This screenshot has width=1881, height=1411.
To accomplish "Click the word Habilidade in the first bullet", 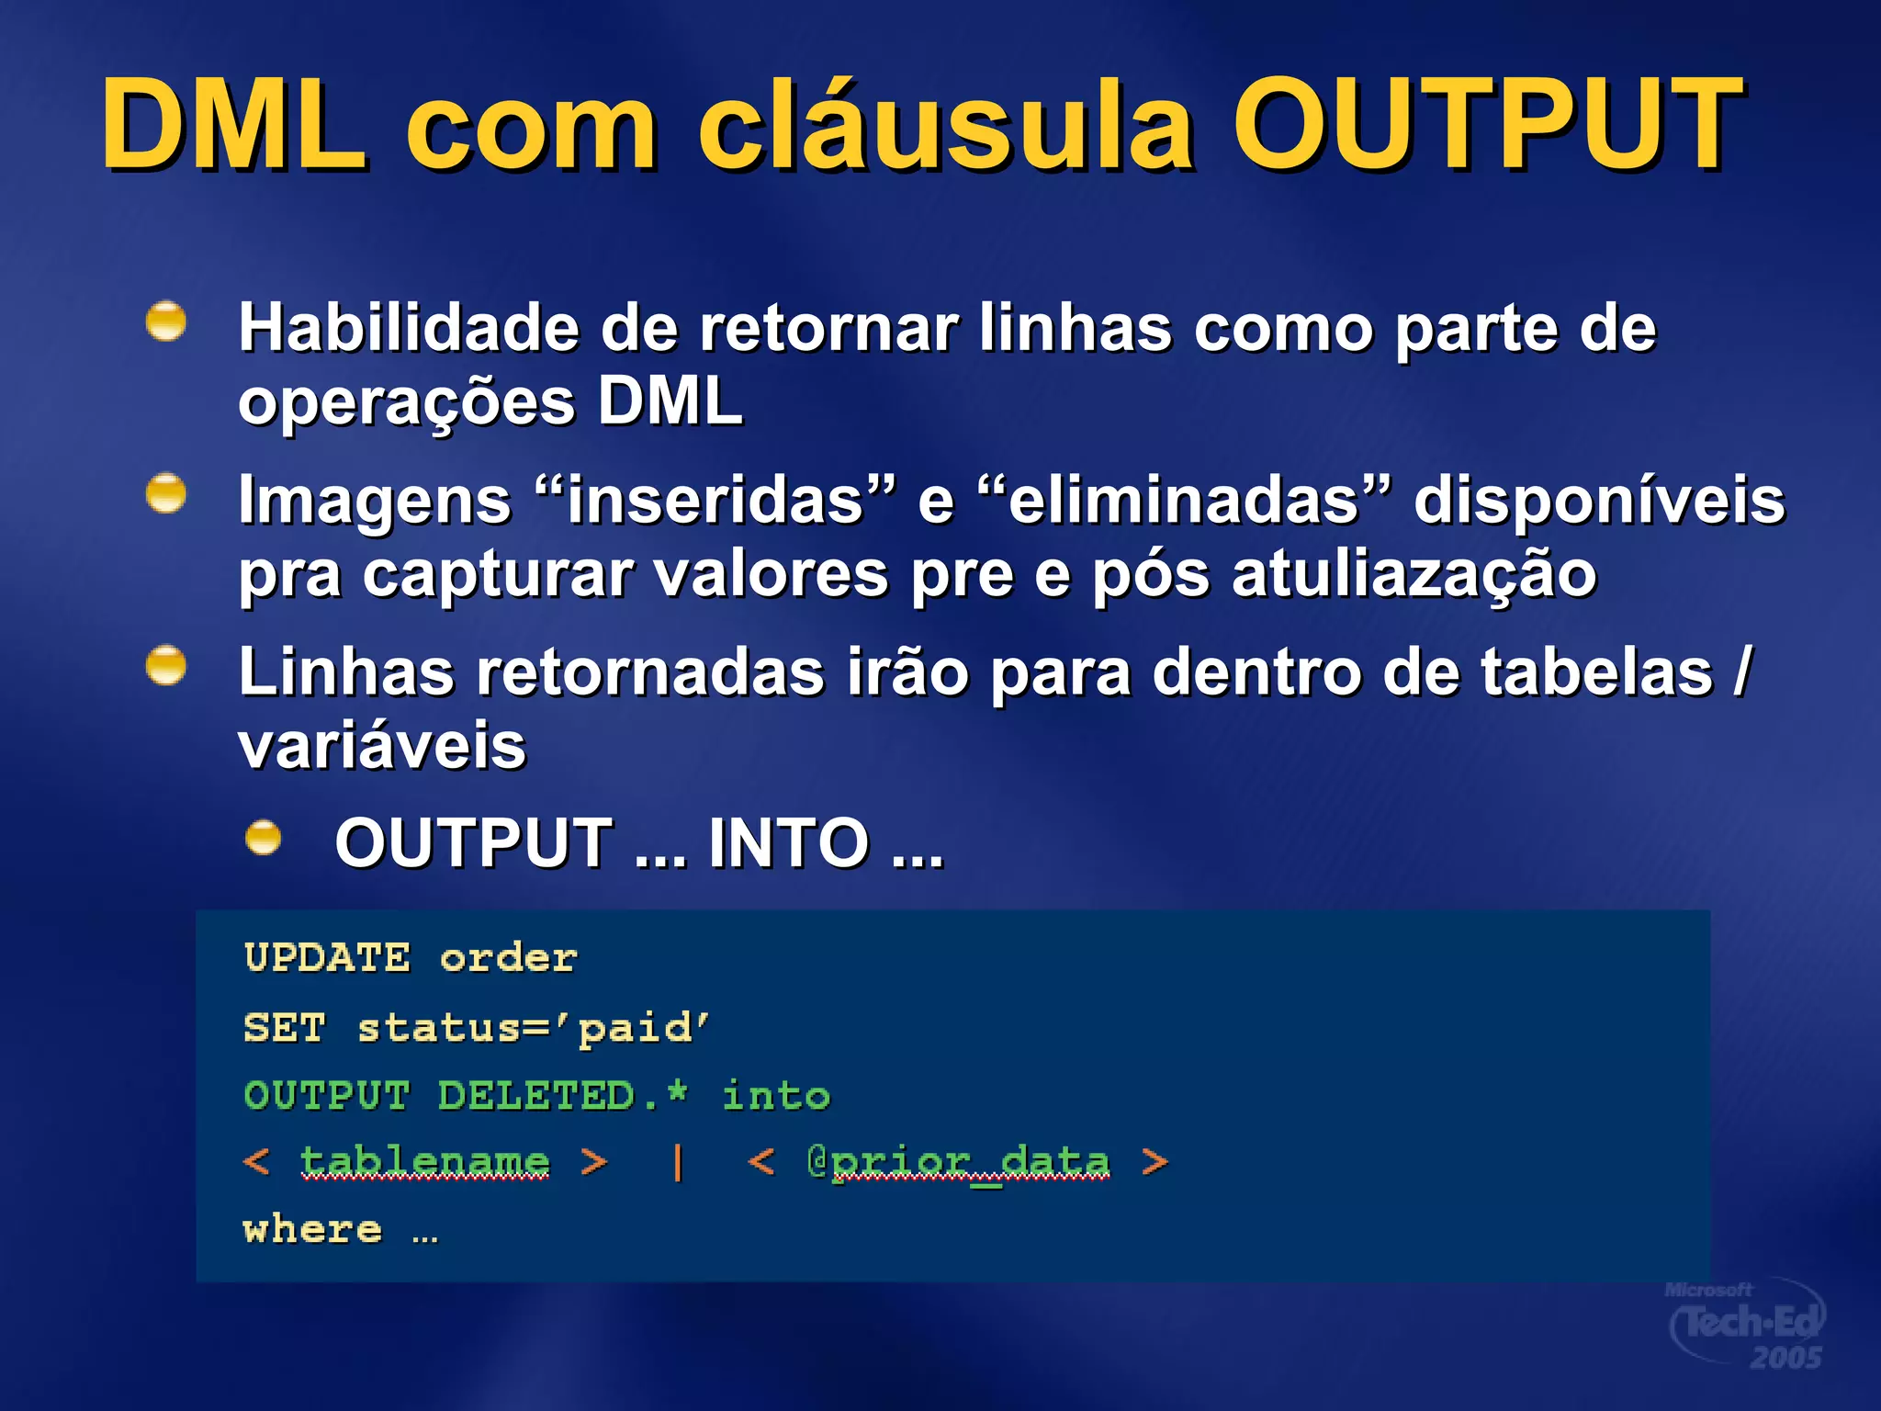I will [409, 328].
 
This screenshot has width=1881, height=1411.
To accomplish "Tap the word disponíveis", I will [1599, 501].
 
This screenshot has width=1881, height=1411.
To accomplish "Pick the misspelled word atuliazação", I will [1414, 576].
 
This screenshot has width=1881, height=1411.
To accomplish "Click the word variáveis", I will [382, 746].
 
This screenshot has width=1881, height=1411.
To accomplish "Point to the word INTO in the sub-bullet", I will [788, 842].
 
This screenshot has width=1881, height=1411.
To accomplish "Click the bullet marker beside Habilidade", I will [166, 322].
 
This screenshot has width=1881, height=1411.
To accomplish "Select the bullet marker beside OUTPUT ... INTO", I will [264, 837].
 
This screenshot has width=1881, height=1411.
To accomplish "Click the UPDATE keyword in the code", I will [327, 958].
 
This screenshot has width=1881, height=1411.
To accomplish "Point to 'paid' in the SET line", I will [644, 1028].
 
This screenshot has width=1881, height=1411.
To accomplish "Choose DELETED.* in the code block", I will [562, 1095].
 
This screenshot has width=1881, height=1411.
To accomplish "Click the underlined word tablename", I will [425, 1162].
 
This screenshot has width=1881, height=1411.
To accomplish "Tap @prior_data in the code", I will [958, 1162].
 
